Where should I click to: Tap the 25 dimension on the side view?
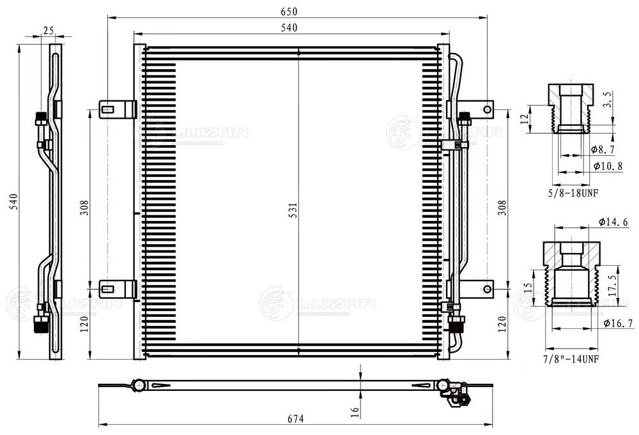[x=48, y=29]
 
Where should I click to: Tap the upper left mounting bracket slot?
[x=109, y=109]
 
